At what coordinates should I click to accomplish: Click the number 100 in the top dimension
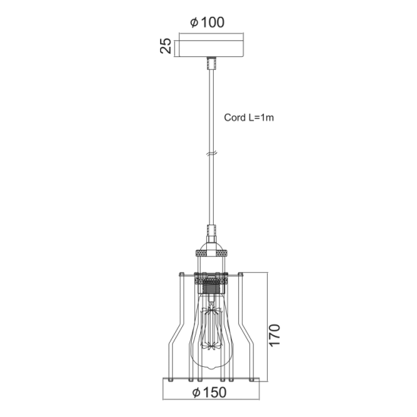pos(214,23)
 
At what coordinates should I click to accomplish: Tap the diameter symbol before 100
pos(194,23)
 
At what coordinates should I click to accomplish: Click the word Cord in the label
pos(235,118)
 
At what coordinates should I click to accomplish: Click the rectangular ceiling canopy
pos(208,47)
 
